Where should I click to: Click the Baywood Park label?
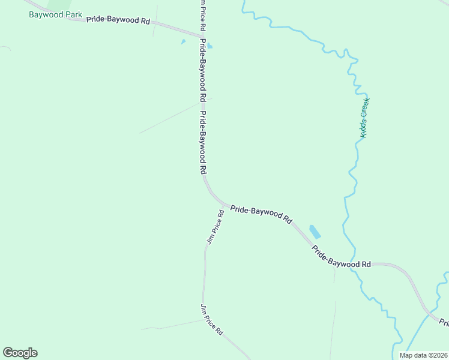tap(55, 14)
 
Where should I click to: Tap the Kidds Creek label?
tap(364, 118)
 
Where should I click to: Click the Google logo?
tap(20, 353)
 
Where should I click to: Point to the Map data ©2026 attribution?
tap(424, 355)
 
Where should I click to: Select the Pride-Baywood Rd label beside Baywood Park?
tap(118, 20)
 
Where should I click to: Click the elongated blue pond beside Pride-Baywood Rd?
tap(315, 232)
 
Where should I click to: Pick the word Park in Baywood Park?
tap(71, 14)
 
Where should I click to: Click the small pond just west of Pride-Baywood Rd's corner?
tap(183, 41)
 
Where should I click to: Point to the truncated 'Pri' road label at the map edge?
tap(444, 323)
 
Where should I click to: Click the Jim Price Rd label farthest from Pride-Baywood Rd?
tap(212, 319)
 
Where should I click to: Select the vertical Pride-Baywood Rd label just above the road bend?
tap(205, 143)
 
